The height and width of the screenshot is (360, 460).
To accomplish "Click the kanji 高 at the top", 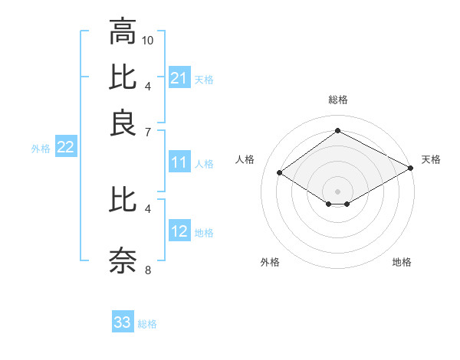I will coord(123,32).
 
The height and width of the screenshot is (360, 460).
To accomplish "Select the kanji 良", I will coord(123,123).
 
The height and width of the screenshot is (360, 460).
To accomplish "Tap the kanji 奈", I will coord(123,260).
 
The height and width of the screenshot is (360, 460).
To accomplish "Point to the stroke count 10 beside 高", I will coord(148,39).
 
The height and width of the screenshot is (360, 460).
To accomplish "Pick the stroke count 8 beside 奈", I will coord(147,270).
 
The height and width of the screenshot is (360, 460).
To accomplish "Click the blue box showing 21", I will coord(179,77).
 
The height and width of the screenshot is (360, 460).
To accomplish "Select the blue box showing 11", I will coord(179,162).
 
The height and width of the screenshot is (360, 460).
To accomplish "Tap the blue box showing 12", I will coord(179,231).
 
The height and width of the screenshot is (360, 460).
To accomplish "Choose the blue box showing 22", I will coord(65,148).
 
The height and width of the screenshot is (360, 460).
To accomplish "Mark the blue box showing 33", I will coord(123,322).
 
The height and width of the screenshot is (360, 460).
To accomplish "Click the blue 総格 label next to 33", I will coord(147,324).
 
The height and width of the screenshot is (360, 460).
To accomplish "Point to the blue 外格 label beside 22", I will coord(41,149).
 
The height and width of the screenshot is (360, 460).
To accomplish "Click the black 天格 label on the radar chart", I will coord(431,159).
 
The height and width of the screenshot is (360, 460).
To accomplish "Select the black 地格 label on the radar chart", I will coord(402,262).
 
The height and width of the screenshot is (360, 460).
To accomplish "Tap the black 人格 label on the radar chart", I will coord(245,159).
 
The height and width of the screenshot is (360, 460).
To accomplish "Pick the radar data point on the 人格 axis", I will coord(280,173).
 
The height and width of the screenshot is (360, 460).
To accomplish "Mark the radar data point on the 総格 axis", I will coord(337,131).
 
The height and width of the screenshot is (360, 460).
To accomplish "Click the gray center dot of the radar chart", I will coord(337,191).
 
